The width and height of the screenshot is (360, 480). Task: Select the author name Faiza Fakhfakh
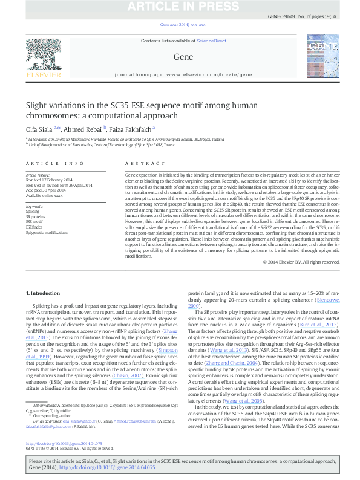tap(131, 128)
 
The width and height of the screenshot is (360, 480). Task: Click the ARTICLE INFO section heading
tap(54, 164)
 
